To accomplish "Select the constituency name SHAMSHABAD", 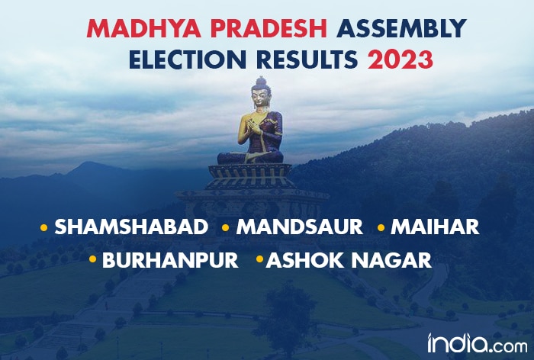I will pyautogui.click(x=131, y=227).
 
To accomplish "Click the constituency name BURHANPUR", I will pyautogui.click(x=170, y=259).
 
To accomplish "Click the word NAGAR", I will pyautogui.click(x=394, y=259).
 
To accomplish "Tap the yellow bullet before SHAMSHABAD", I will pyautogui.click(x=43, y=227).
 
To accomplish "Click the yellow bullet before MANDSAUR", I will pyautogui.click(x=225, y=227).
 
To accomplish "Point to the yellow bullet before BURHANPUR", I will pyautogui.click(x=92, y=260).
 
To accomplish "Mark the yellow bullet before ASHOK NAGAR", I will pyautogui.click(x=259, y=260).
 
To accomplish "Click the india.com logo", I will pyautogui.click(x=471, y=341).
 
